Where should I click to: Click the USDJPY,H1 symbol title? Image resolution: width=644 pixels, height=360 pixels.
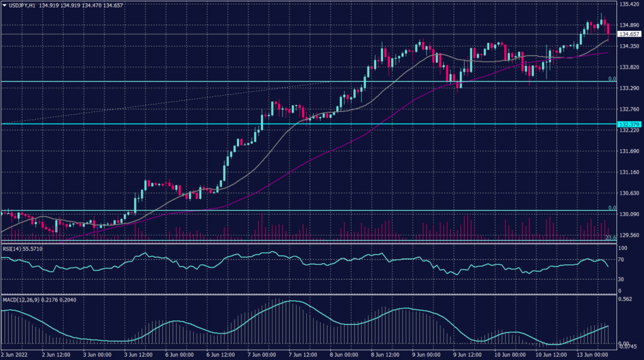30,4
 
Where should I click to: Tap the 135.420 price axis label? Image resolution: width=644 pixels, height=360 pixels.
629,4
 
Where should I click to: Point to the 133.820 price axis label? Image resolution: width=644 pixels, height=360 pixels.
629,67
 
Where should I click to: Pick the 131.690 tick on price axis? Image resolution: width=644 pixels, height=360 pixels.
629,152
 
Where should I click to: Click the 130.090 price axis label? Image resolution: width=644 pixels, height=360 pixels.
629,215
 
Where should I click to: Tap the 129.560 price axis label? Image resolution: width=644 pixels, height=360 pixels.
629,235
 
